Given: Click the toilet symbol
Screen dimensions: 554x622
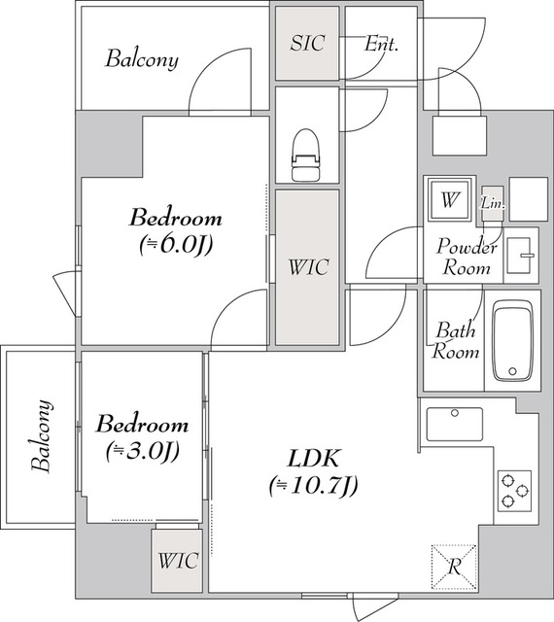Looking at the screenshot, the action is coord(305,155).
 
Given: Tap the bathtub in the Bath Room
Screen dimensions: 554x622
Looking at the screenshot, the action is coord(512,340).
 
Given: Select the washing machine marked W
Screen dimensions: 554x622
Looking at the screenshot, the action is coord(450,199).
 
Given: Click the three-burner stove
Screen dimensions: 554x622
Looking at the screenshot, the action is coord(515,491).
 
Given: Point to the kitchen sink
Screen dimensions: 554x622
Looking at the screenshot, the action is coord(455,424).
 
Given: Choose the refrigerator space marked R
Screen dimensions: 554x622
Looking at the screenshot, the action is coord(454,567).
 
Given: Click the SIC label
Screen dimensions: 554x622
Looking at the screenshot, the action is coord(308,43).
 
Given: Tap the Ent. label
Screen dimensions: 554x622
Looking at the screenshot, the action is coord(381,44).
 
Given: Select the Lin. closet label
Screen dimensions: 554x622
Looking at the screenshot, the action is coord(493,203).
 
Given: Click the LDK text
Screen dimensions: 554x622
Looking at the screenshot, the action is coord(314,459).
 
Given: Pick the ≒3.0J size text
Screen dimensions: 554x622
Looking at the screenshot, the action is coord(143,451).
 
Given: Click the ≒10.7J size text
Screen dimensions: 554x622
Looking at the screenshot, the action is coord(314,486).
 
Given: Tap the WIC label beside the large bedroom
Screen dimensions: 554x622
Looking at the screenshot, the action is coord(308,267).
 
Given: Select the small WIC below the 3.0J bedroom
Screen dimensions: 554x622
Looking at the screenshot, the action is coord(178,561).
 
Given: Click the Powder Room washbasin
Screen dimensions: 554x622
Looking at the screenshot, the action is coord(519,255).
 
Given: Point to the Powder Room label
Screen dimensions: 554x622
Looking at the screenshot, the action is coord(467,257).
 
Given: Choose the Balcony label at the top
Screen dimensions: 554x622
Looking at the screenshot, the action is coord(142,59).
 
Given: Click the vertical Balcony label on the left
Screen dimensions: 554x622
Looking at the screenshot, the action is coord(42,435).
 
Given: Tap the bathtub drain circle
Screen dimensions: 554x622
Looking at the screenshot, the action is coord(512,371).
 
